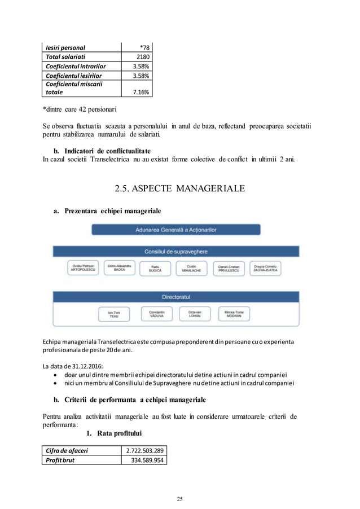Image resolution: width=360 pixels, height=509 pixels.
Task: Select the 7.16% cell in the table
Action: [141, 92]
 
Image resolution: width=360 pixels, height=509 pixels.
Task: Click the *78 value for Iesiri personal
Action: [144, 47]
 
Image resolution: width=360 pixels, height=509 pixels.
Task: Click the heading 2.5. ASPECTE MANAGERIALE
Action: [179, 188]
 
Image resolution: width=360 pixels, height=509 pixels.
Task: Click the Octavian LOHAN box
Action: [195, 314]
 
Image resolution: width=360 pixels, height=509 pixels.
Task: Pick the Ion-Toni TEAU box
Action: [114, 314]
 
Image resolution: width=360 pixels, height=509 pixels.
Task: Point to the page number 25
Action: [180, 499]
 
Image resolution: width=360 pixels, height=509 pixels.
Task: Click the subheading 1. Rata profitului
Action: [113, 433]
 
